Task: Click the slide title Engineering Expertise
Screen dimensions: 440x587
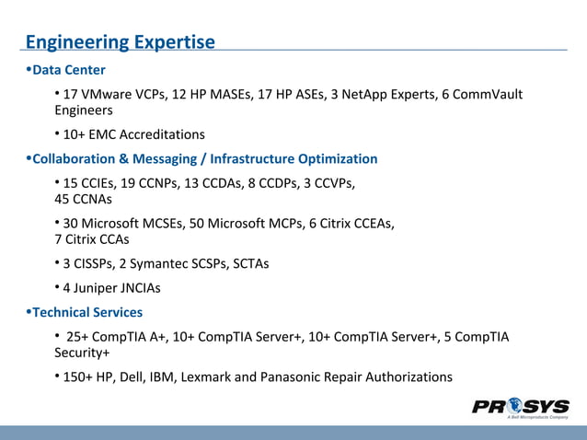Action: click(x=120, y=42)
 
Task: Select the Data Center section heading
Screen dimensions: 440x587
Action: click(x=68, y=70)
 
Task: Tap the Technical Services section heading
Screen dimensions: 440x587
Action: click(x=87, y=312)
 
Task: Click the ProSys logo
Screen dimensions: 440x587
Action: click(x=520, y=408)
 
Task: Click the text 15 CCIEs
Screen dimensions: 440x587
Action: click(x=90, y=183)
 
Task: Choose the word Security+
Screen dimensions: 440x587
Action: click(x=82, y=353)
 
